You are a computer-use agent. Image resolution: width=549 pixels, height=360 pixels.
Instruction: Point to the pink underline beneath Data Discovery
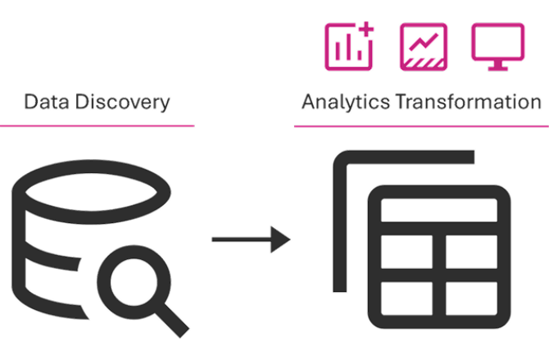[97, 125]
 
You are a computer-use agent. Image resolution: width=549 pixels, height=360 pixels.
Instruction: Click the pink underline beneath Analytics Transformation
[420, 127]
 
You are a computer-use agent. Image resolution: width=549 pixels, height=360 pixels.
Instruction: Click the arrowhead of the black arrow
[283, 240]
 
